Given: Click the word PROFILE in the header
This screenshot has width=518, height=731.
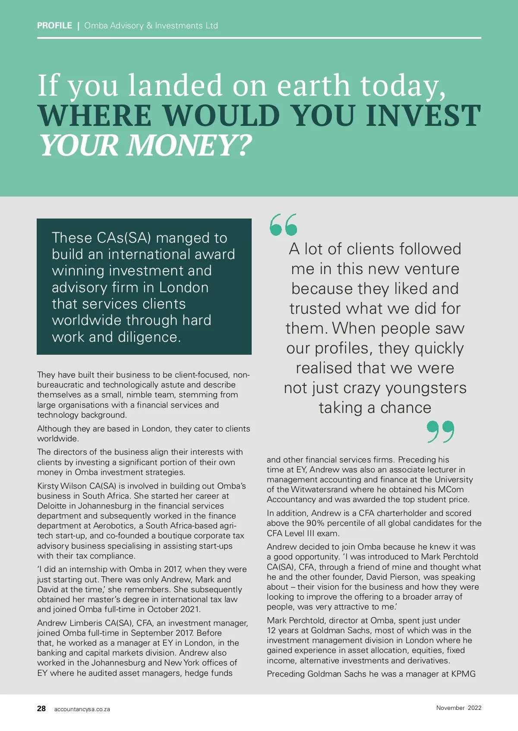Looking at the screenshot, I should pyautogui.click(x=54, y=25).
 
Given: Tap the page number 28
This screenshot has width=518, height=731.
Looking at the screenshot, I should pyautogui.click(x=41, y=709).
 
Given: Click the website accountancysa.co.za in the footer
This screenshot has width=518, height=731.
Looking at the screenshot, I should pyautogui.click(x=82, y=709).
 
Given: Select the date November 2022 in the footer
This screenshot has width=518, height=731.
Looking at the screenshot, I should pyautogui.click(x=458, y=708).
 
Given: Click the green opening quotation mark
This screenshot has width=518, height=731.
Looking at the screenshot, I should pyautogui.click(x=284, y=225).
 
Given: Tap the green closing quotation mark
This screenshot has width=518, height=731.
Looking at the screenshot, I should pyautogui.click(x=440, y=431).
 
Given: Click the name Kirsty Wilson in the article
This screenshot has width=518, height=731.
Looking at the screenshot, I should pyautogui.click(x=62, y=486).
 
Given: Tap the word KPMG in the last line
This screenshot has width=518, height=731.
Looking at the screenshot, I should pyautogui.click(x=463, y=674).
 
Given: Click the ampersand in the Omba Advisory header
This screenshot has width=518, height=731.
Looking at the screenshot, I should pyautogui.click(x=149, y=25).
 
